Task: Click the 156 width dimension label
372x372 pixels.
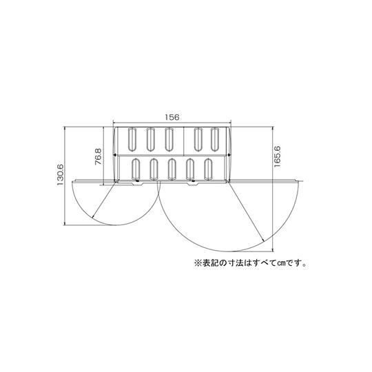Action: coord(172,117)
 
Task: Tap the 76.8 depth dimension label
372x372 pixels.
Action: coord(99,156)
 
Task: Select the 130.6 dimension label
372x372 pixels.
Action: coord(60,175)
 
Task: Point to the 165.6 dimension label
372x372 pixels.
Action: coord(277,156)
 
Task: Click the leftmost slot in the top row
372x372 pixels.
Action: coord(132,139)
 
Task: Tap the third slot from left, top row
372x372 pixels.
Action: coord(169,139)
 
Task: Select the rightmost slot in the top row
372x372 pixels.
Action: coord(215,139)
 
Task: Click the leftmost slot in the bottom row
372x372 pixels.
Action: coord(136,169)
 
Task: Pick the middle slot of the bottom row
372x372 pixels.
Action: coord(172,169)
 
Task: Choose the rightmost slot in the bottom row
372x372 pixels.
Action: coord(208,169)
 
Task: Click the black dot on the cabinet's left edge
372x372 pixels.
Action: coord(115,155)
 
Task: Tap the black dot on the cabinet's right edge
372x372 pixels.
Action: coord(229,155)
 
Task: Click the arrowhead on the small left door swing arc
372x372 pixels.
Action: coord(93,216)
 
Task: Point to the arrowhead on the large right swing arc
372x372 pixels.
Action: coord(263,240)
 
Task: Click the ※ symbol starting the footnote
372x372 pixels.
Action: coord(198,263)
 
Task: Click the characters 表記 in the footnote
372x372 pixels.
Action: coord(209,263)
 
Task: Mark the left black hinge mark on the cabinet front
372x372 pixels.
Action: coord(137,181)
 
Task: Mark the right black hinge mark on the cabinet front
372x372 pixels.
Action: coord(194,181)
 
